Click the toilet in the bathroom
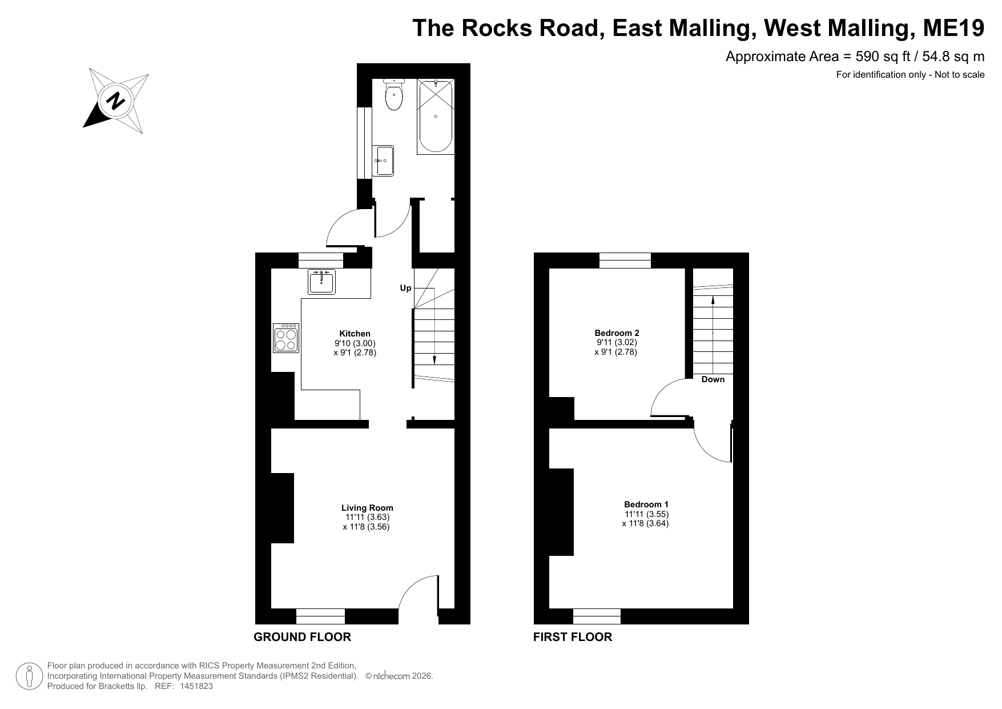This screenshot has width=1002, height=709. [394, 95]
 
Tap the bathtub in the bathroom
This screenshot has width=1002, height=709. [436, 116]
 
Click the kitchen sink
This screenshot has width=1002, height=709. [321, 282]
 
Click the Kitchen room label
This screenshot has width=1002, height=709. [355, 334]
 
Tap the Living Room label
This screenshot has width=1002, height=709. [367, 508]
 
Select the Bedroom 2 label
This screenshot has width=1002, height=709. [617, 333]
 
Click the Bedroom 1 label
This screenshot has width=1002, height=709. [646, 504]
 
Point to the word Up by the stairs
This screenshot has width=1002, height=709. [405, 288]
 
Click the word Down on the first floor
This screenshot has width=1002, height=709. [713, 379]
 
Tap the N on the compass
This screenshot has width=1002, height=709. [116, 101]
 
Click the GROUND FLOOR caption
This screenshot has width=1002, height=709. [302, 637]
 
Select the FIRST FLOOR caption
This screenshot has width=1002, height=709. [573, 637]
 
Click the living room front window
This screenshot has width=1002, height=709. [320, 616]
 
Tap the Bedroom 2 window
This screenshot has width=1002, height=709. [625, 261]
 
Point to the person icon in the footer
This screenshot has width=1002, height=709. [29, 676]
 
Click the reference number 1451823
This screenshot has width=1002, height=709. [196, 686]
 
